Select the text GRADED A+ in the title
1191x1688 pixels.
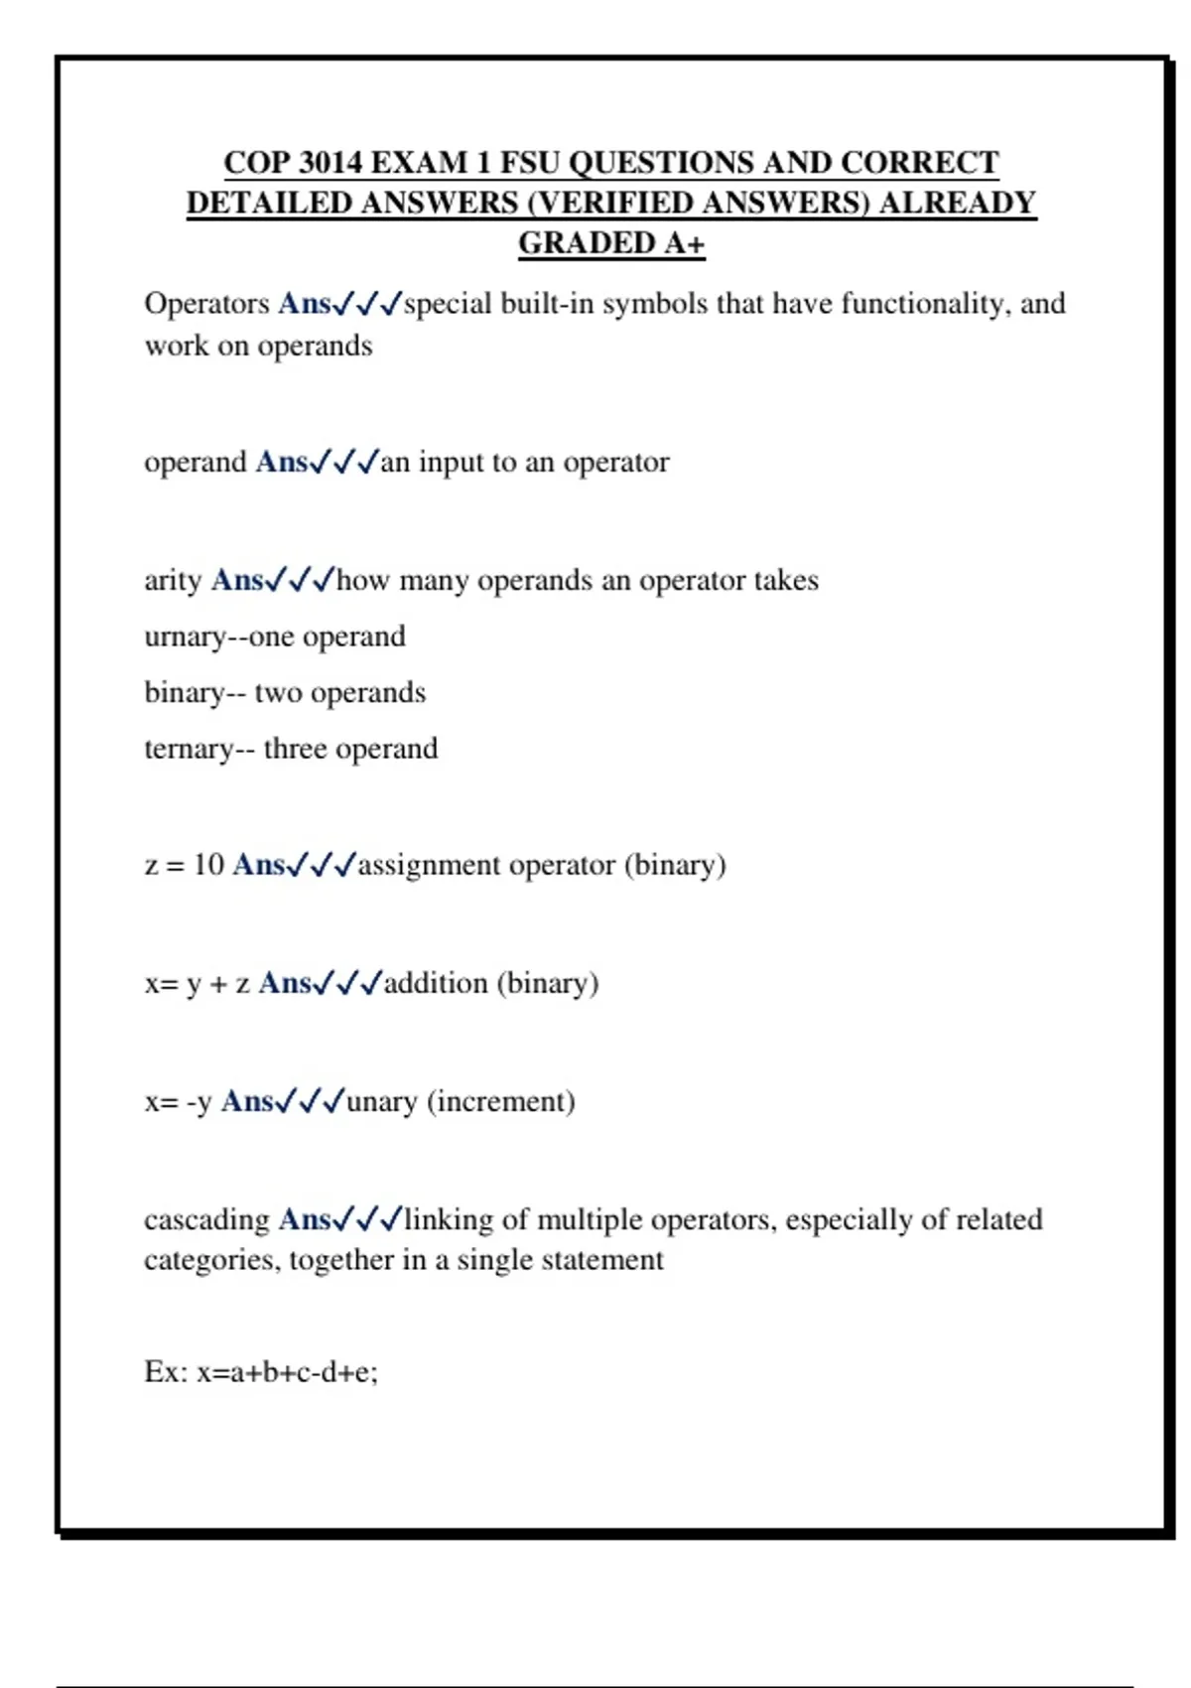point(611,243)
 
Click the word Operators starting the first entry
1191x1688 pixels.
point(206,304)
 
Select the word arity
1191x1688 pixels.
point(173,580)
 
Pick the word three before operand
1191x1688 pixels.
point(295,749)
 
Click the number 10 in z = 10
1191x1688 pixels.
point(208,865)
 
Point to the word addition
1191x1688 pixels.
point(436,983)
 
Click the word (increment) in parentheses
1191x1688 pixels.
point(501,1101)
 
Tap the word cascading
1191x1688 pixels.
point(206,1219)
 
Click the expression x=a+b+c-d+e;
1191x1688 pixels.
point(287,1372)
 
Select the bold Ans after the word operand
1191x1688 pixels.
point(282,463)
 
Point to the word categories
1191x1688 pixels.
point(212,1260)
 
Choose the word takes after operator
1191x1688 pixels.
point(786,580)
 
